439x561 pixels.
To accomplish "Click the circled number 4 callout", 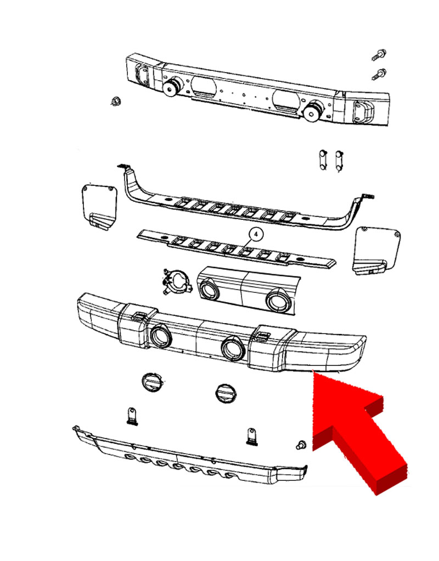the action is [x=256, y=235].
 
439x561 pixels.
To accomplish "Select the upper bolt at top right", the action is [x=379, y=55].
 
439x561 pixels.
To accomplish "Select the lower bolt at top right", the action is [x=379, y=74].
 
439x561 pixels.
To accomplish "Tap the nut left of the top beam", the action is [x=115, y=101].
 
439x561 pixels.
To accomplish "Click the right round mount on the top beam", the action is [x=314, y=110].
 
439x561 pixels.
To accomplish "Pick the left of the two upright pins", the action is [x=323, y=159].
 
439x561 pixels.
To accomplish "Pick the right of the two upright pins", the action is [x=339, y=160].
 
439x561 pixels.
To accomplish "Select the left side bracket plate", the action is [x=99, y=207].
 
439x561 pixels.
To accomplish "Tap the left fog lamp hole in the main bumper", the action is [x=161, y=336].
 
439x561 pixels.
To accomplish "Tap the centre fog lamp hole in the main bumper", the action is [x=233, y=348].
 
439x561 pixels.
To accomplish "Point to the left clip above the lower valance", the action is [x=132, y=416].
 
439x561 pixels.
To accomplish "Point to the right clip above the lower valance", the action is [x=252, y=436].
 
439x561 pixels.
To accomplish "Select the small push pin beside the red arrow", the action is [x=301, y=445].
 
